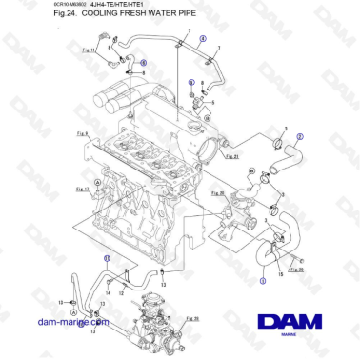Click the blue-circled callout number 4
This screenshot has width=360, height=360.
[202, 40]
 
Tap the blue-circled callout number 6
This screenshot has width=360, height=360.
[143, 61]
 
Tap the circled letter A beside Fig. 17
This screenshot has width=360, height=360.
[97, 180]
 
